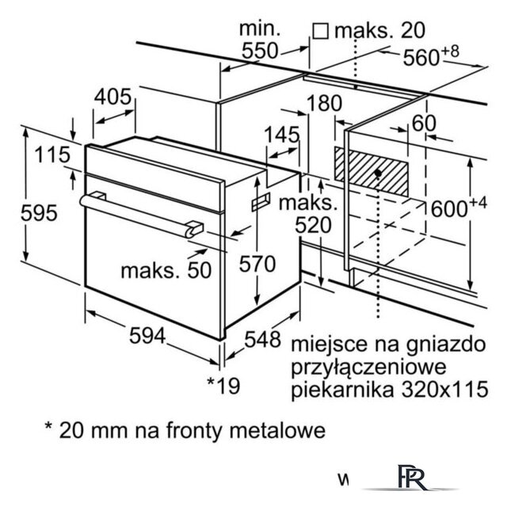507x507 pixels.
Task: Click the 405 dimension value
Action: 112,97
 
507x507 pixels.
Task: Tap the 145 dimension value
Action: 282,135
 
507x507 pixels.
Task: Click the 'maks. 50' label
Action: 166,270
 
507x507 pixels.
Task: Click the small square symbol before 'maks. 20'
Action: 320,31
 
